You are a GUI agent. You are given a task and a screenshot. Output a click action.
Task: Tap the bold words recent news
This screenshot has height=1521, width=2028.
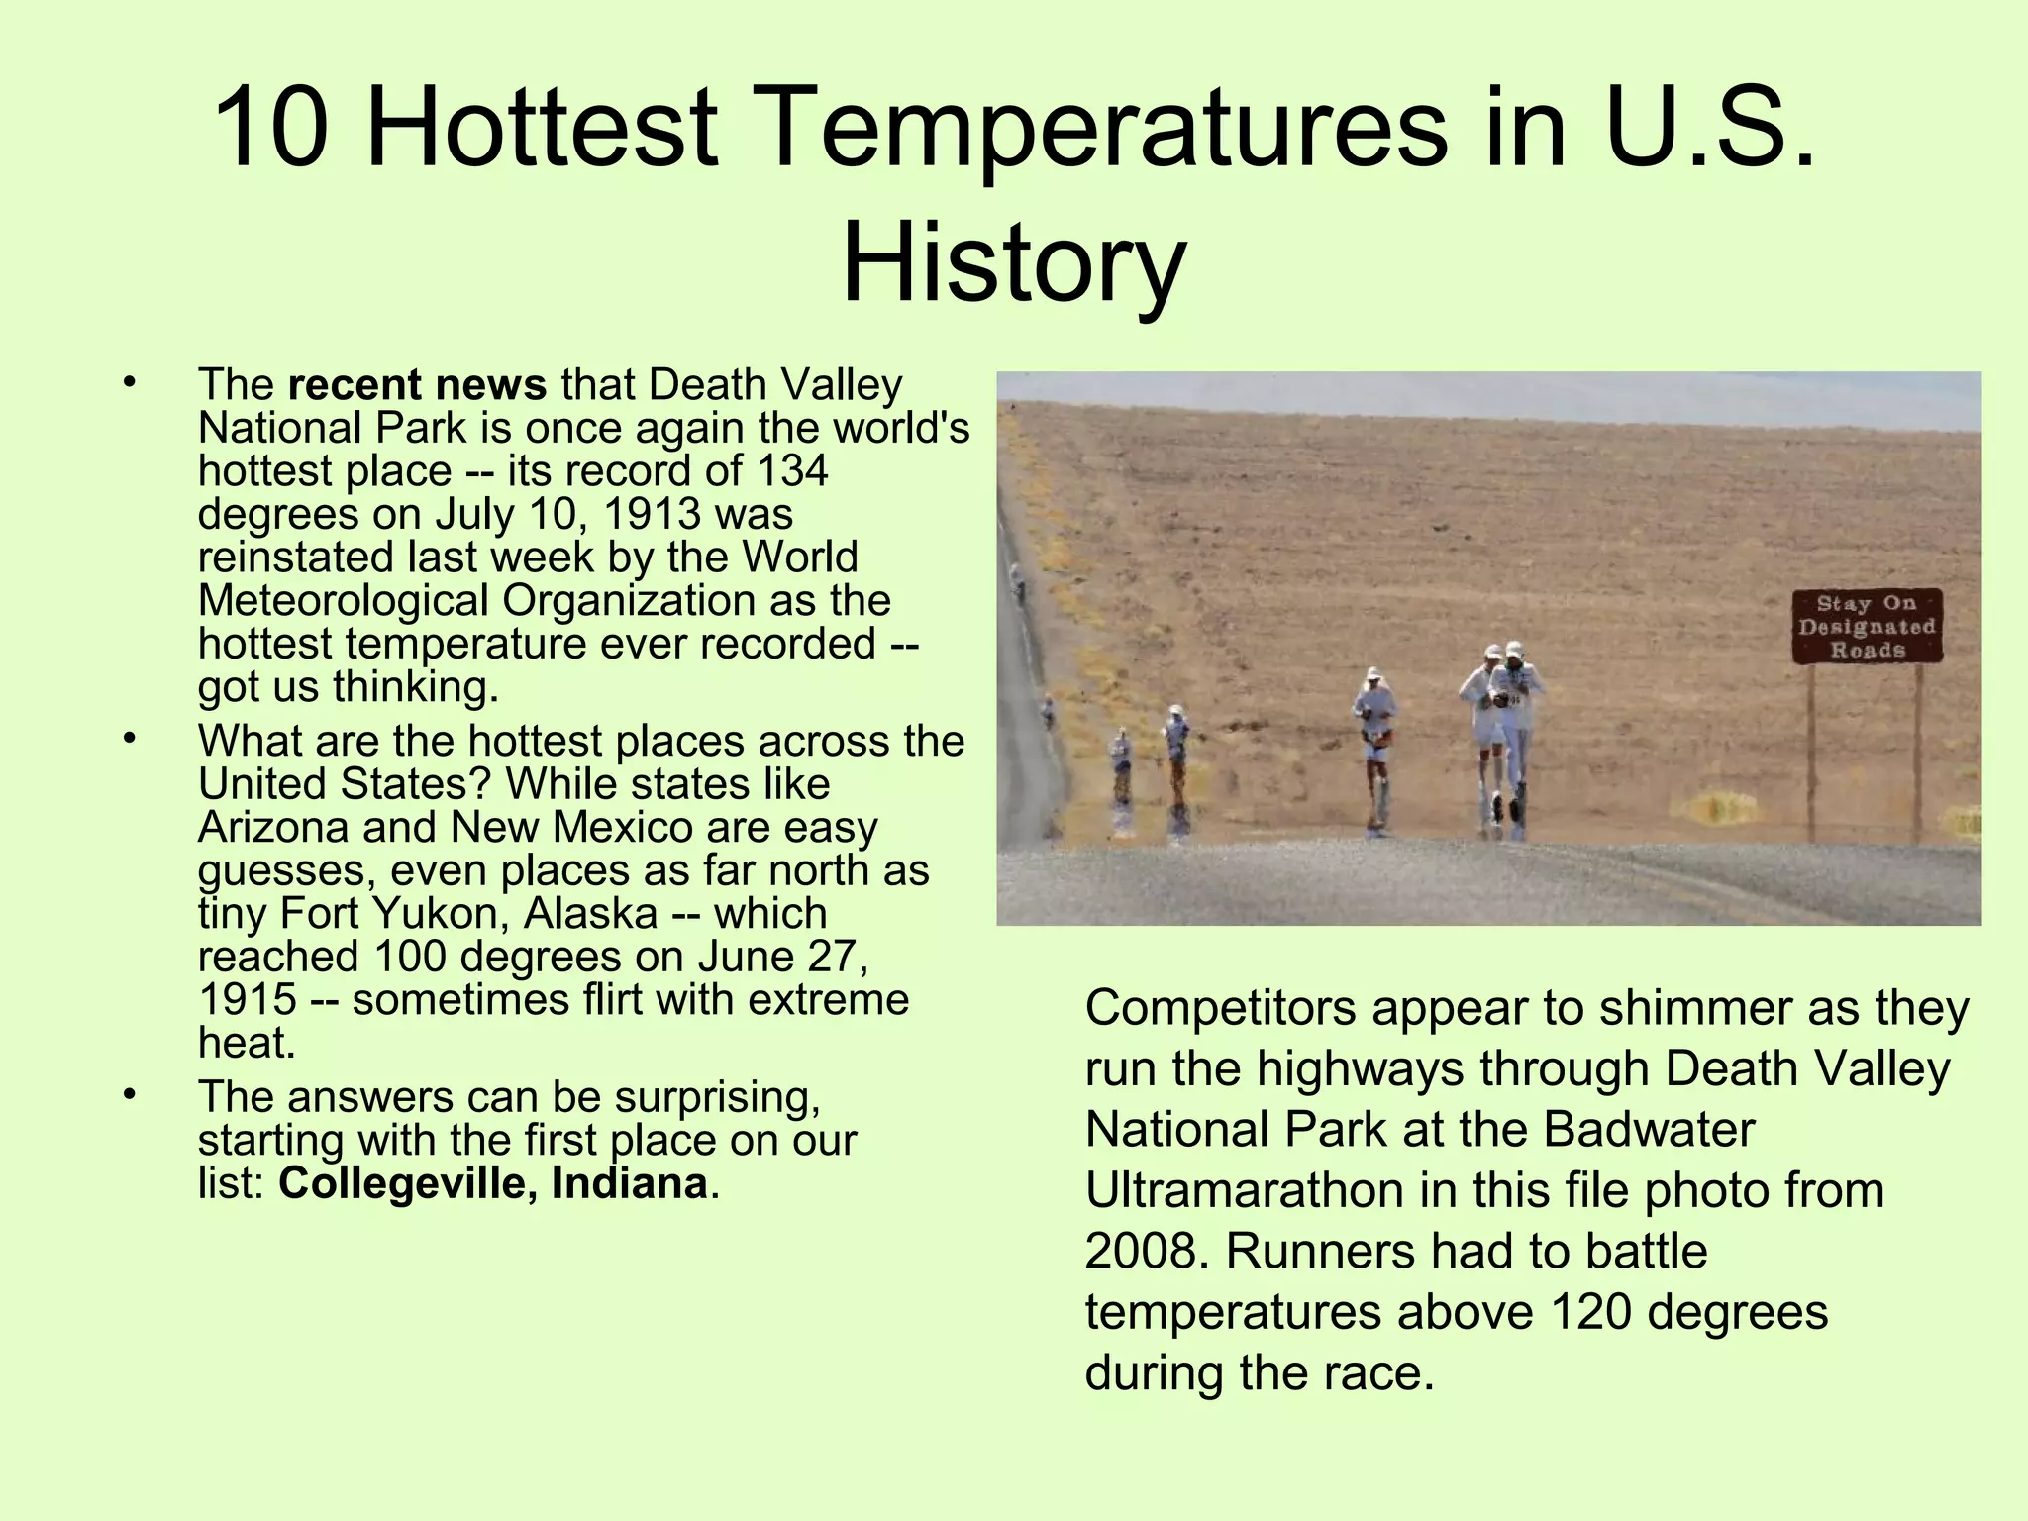417,385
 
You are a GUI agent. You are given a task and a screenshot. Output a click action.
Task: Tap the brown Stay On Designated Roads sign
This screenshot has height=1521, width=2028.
1867,627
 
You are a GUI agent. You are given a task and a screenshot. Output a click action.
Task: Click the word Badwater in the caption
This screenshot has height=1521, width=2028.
1648,1130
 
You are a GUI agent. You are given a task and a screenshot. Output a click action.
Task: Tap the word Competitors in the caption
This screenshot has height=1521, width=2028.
1220,1009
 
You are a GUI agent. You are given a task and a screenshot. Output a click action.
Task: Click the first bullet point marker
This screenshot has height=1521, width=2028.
128,383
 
